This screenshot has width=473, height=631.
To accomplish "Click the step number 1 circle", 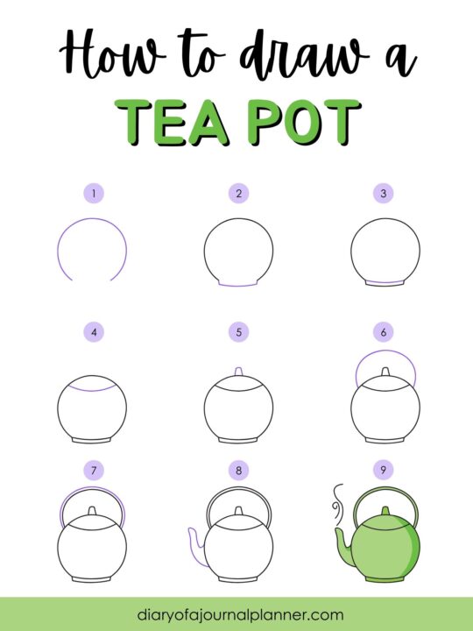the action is pos(94,194).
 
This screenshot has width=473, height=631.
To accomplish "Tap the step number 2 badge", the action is pos(238,194).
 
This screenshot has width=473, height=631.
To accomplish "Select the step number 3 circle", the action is pos(384,194).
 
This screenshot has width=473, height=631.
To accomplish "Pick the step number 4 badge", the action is pos(94,332).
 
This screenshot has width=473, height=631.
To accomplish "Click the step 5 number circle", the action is pos(238,332).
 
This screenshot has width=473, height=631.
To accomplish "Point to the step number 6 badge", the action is pos(384,332).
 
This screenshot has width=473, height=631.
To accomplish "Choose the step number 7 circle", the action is pos(94,470).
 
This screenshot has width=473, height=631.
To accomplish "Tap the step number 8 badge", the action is pos(238,470).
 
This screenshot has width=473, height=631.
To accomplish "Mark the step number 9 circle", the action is pos(384,470).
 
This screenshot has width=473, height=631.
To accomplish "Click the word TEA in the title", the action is pos(172,122).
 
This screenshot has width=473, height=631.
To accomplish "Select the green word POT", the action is pos(304,122).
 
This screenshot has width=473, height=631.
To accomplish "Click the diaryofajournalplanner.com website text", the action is pos(240,615).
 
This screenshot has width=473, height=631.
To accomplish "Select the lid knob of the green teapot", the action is pos(385,511).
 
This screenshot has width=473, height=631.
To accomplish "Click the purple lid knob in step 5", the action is pos(238,371).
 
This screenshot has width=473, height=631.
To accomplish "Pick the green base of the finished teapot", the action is pos(385,579).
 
